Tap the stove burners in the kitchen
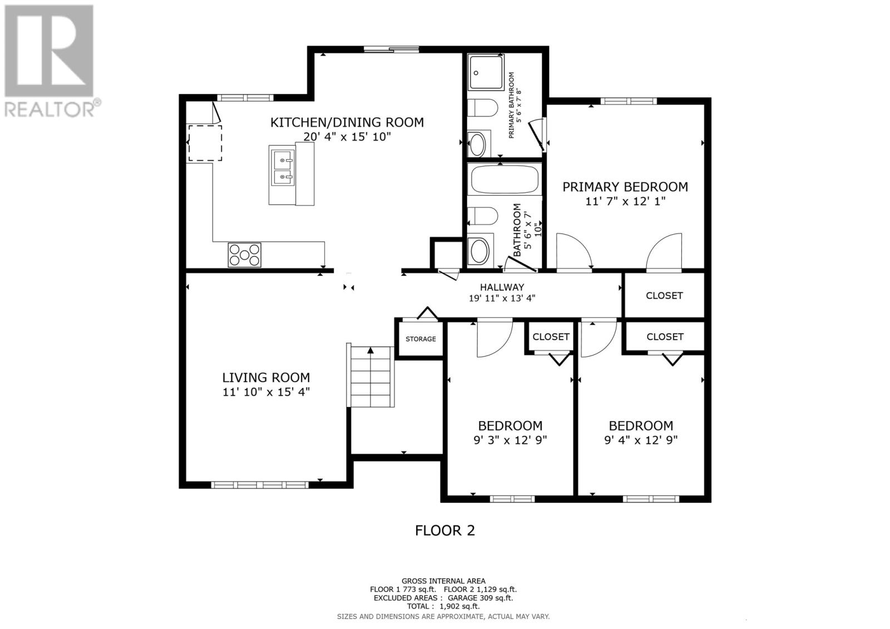point(244,255)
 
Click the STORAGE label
point(421,339)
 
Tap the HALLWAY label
point(502,288)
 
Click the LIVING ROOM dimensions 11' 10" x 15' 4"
point(266,392)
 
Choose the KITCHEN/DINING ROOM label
point(347,122)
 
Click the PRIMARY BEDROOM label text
point(625,187)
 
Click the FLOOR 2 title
point(445,531)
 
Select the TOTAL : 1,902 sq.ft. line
point(443,606)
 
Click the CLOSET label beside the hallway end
point(664,295)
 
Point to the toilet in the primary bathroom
point(482,108)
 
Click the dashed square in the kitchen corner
point(205,143)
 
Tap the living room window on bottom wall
point(260,484)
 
